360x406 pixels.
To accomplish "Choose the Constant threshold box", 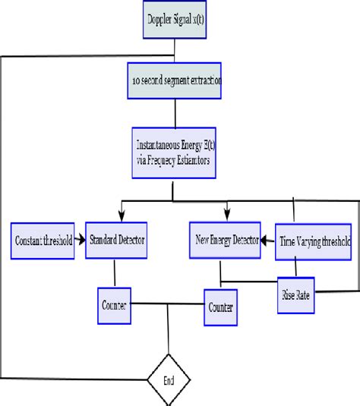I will [x=43, y=241].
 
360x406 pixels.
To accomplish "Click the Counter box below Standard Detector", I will [x=114, y=304].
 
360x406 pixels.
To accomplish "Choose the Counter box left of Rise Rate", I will [x=221, y=307].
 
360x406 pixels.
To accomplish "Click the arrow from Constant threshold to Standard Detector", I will [x=79, y=241].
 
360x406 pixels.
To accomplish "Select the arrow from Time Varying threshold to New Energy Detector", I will [x=267, y=241].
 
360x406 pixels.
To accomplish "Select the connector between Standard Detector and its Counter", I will [x=114, y=273].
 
